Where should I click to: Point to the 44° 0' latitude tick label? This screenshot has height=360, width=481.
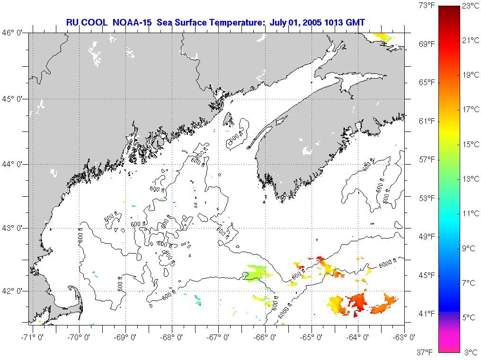pos(15,164)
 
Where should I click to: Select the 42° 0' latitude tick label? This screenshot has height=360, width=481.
pos(15,291)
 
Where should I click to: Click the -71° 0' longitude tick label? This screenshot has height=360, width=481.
pos(31,337)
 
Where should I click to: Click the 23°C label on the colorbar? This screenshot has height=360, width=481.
pos(471,6)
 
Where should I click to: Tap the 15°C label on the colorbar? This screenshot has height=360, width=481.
pos(471,144)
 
